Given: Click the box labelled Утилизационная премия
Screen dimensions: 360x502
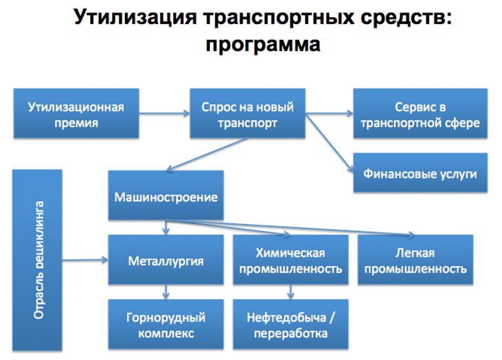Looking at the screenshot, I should tap(76, 115).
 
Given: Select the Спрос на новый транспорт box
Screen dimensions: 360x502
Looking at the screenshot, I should tap(247, 115).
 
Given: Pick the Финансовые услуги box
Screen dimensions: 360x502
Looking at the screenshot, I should tap(420, 172).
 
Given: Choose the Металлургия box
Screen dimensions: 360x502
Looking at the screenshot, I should tap(166, 261).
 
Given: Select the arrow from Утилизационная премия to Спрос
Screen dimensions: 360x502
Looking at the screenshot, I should tap(166, 115).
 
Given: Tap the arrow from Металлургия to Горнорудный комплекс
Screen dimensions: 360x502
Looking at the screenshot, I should tap(166, 293).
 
